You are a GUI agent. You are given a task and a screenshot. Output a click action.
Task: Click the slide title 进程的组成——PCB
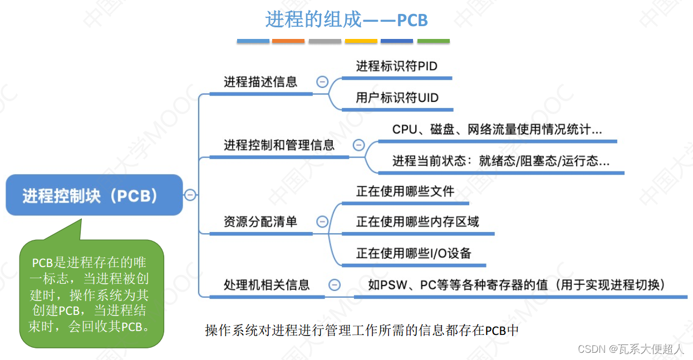346,20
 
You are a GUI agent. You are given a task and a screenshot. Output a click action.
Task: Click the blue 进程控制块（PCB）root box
94,195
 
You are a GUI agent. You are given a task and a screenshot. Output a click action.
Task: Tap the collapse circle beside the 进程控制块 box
190,195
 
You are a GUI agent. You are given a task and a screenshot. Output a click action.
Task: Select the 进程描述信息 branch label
261,82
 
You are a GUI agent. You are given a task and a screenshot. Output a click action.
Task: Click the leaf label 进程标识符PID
396,66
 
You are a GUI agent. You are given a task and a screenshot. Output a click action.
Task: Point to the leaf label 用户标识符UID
397,98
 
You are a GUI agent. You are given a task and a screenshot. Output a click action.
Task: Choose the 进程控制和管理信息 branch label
279,146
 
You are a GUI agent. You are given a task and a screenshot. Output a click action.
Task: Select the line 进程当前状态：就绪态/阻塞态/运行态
500,161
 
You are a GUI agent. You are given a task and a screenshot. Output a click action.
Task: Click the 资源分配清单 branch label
261,222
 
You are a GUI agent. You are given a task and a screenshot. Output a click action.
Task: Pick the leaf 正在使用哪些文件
405,191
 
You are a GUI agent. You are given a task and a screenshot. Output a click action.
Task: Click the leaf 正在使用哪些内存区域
417,222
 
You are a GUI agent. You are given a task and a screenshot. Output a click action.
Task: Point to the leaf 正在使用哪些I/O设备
414,254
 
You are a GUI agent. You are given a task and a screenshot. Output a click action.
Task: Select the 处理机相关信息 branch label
267,285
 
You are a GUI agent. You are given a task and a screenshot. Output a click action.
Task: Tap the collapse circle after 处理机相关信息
335,285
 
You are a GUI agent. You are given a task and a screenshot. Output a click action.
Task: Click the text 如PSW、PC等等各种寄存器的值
517,285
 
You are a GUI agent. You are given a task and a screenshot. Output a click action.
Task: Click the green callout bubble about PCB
92,293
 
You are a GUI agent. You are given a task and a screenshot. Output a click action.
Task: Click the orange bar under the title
288,41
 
